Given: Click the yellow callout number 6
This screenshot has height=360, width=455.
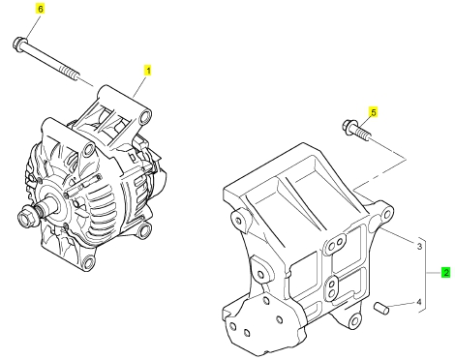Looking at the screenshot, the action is point(40,9).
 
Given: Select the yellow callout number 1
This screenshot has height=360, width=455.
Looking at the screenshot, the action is point(148,71).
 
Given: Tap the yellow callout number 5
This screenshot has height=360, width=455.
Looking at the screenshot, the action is point(374,112).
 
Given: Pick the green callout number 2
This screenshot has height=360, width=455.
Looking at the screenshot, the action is point(446,273).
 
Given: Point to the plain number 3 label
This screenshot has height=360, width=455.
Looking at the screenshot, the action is point(419,247).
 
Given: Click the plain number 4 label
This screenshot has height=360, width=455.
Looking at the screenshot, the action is point(419,302).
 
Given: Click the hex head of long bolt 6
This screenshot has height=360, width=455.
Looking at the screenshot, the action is point(19,45).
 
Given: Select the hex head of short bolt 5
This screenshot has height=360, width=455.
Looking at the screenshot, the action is point(349,126).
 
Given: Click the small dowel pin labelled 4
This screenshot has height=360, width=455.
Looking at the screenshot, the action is point(381,308).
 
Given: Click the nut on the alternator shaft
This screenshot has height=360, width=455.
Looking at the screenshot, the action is point(26,218).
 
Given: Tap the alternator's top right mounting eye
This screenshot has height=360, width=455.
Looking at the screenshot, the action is point(145,116).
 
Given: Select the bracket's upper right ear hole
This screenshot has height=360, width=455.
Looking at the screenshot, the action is point(386,214).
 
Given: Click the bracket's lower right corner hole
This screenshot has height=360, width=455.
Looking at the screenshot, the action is point(354,321).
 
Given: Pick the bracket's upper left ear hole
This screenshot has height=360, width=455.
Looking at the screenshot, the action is point(238,221).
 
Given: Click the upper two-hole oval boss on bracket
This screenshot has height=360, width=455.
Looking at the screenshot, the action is point(335,244).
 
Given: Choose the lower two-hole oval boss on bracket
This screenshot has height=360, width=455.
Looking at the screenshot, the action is point(331,288).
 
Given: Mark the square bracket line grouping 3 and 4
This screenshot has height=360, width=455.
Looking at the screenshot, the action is point(424,275).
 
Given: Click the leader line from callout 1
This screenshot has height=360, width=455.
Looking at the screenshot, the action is point(140,86).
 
